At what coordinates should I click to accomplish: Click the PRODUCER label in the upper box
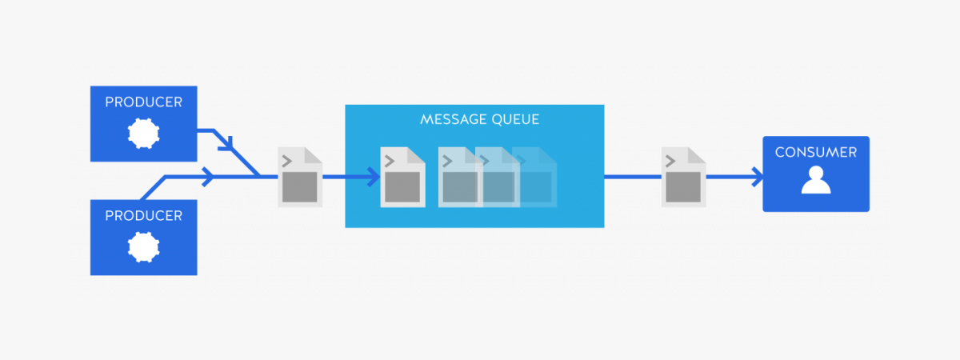click(x=144, y=102)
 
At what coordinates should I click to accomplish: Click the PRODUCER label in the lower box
click(x=144, y=216)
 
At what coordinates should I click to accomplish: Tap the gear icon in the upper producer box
click(x=144, y=133)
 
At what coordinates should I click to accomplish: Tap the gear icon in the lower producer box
click(x=144, y=246)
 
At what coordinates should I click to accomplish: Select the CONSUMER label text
click(x=815, y=152)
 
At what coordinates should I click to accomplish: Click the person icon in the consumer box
click(x=816, y=181)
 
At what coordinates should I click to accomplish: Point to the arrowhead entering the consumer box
click(x=755, y=178)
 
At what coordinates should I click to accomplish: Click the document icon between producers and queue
click(x=300, y=178)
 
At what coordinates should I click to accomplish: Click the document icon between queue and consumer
click(x=683, y=178)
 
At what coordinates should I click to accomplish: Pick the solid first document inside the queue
click(x=402, y=178)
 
